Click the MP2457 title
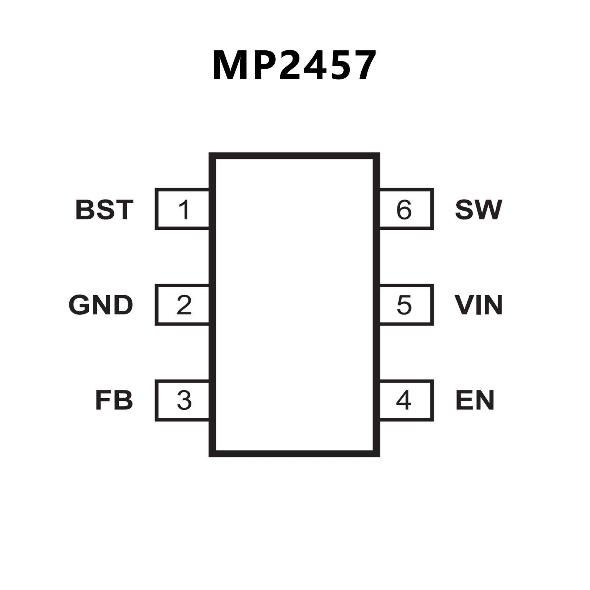(x=294, y=65)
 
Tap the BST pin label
(x=105, y=209)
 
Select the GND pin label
(x=101, y=305)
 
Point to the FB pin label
(x=114, y=400)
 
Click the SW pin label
(x=479, y=209)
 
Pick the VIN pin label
(x=479, y=305)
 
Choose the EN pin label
(x=475, y=400)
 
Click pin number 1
(x=184, y=209)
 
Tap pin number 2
(x=184, y=305)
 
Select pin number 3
(x=184, y=400)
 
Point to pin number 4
(x=404, y=400)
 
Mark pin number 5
(x=404, y=305)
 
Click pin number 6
(x=404, y=209)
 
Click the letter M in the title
(x=230, y=65)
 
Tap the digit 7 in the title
(x=362, y=65)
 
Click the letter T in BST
(x=124, y=209)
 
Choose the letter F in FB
(x=103, y=400)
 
